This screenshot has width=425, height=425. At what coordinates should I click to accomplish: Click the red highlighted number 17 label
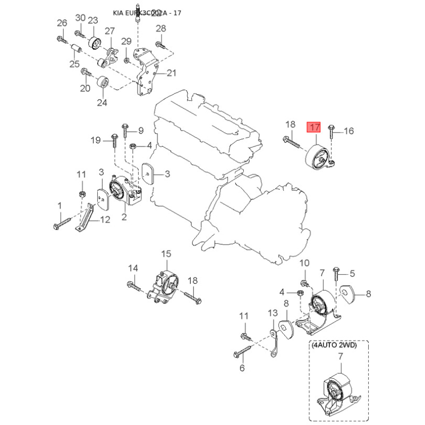[314, 127]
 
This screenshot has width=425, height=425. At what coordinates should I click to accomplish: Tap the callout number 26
[62, 23]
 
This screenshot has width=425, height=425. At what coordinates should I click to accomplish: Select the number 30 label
[80, 18]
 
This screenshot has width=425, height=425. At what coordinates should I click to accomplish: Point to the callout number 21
[171, 73]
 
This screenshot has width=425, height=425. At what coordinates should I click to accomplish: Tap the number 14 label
[133, 268]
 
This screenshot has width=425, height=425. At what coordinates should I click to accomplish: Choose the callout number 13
[273, 313]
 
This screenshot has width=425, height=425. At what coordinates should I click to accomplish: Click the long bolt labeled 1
[63, 222]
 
